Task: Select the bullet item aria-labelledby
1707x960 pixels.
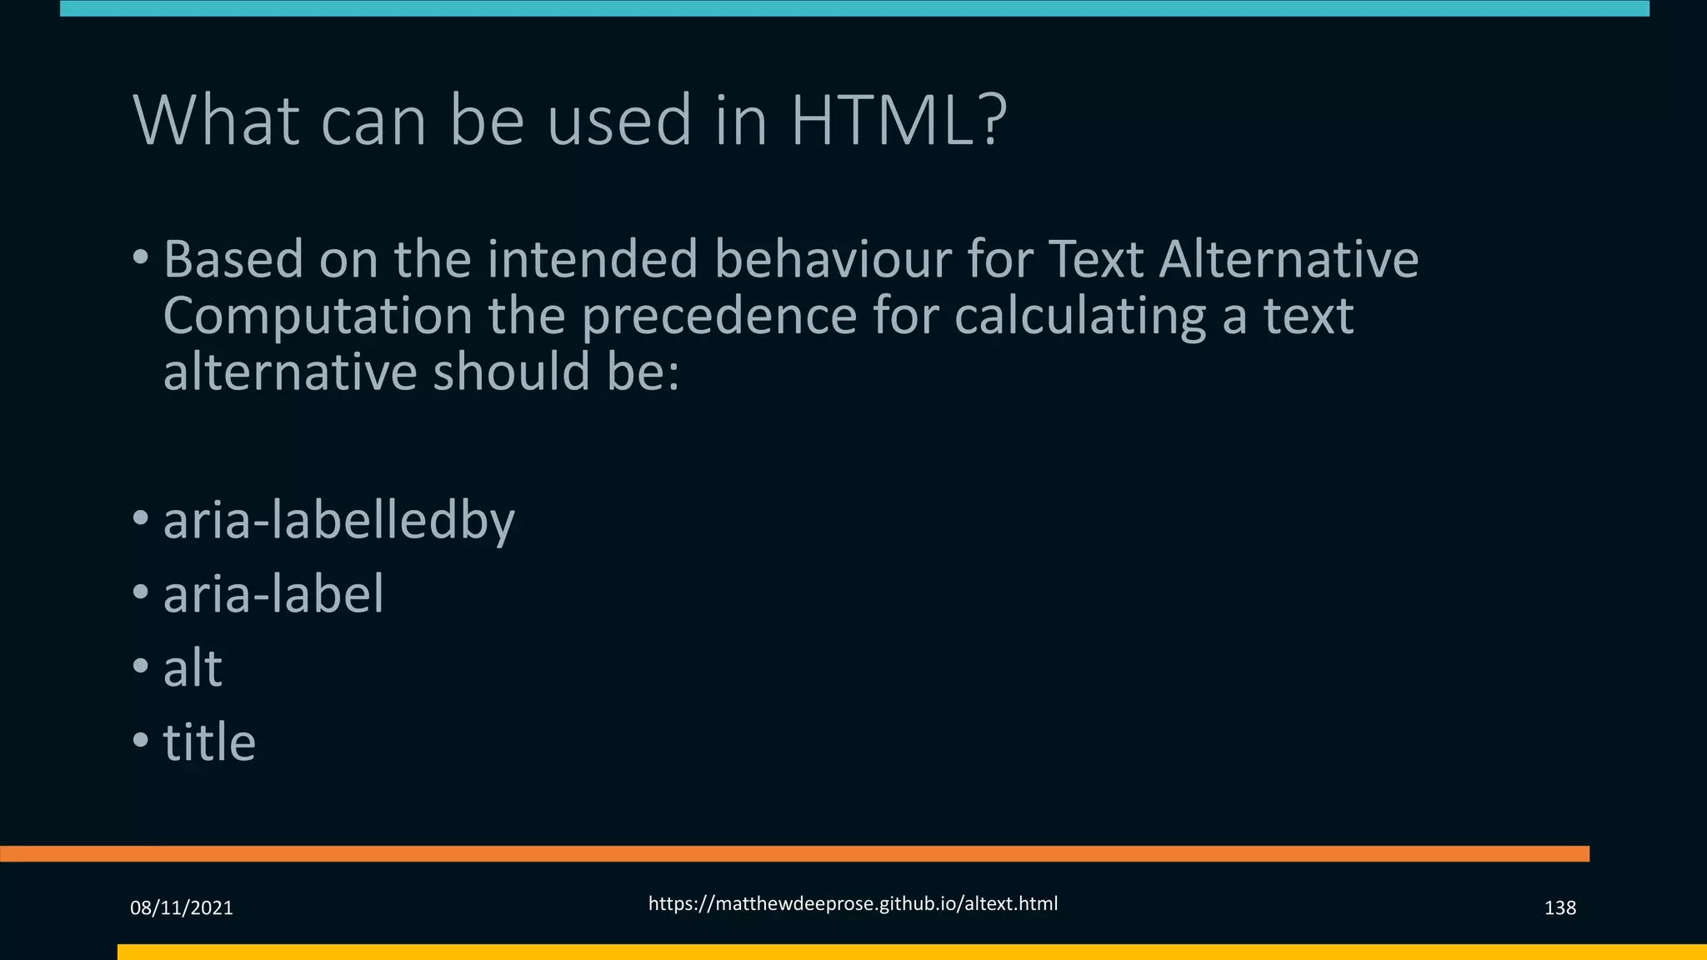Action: point(338,521)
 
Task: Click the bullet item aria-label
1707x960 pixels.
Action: point(273,594)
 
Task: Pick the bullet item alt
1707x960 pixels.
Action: point(193,667)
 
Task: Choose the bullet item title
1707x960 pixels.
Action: point(209,742)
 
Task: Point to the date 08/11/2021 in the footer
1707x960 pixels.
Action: point(182,907)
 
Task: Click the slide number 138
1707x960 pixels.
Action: point(1559,907)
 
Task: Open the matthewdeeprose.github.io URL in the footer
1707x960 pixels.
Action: point(853,903)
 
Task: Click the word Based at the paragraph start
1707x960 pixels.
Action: point(233,259)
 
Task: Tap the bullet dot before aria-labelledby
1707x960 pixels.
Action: point(141,517)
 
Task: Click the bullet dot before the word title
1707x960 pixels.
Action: point(141,738)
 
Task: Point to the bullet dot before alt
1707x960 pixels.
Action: point(141,665)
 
